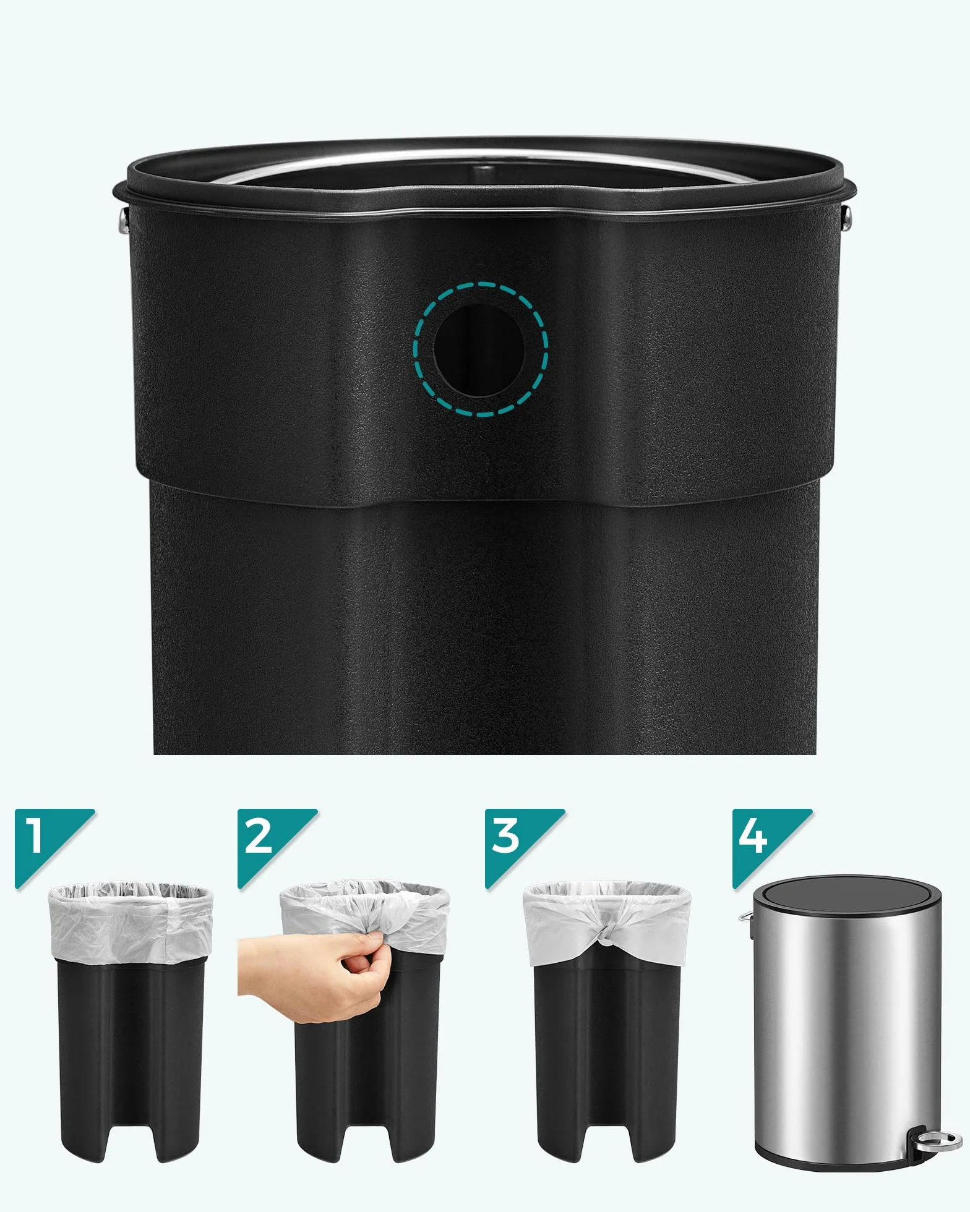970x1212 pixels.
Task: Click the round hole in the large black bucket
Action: click(x=480, y=349)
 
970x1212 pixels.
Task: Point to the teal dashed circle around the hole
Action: click(x=480, y=284)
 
